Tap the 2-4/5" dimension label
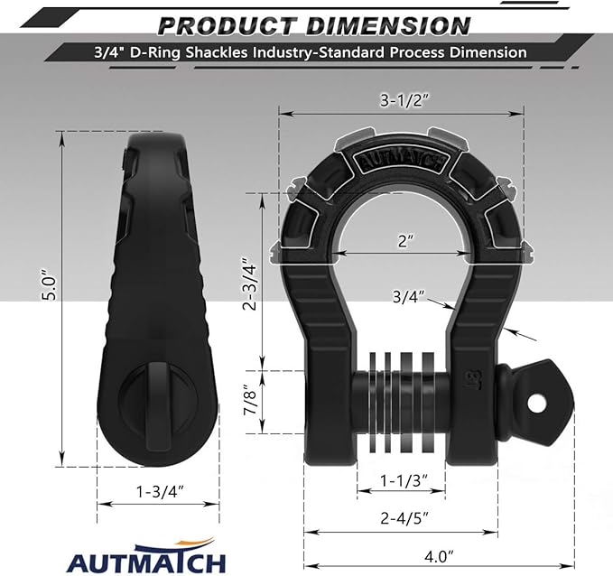pos(401,518)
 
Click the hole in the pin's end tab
pos(543,399)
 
